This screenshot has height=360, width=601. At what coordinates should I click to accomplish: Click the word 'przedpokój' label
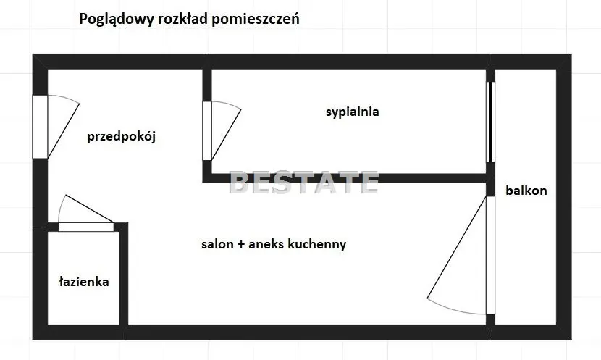coord(121,136)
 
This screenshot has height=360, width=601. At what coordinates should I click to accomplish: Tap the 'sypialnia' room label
coord(352,112)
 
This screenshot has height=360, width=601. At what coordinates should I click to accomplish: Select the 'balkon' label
coord(526,191)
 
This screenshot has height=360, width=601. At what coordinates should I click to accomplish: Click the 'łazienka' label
coord(84,282)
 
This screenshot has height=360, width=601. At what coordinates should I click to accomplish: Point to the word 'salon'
coord(217,244)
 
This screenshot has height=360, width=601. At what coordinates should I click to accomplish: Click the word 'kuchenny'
coord(316,244)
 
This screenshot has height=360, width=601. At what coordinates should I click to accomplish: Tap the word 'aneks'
coord(266,244)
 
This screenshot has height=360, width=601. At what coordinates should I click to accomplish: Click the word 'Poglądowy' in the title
coord(117,19)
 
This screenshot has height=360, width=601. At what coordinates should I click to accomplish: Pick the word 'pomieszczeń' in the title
coord(256,19)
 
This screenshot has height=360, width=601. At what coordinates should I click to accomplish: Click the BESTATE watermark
coord(303,183)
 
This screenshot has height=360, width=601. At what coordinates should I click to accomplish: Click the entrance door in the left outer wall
coord(40,127)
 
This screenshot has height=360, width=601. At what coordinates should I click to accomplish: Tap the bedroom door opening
coord(207,130)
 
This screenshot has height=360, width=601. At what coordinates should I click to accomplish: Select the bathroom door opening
coord(86,227)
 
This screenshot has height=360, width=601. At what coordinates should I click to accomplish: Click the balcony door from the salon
coord(490,256)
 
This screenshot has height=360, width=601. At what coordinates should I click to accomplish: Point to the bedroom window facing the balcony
coord(490,122)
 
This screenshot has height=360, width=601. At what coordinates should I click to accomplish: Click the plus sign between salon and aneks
coord(241,245)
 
